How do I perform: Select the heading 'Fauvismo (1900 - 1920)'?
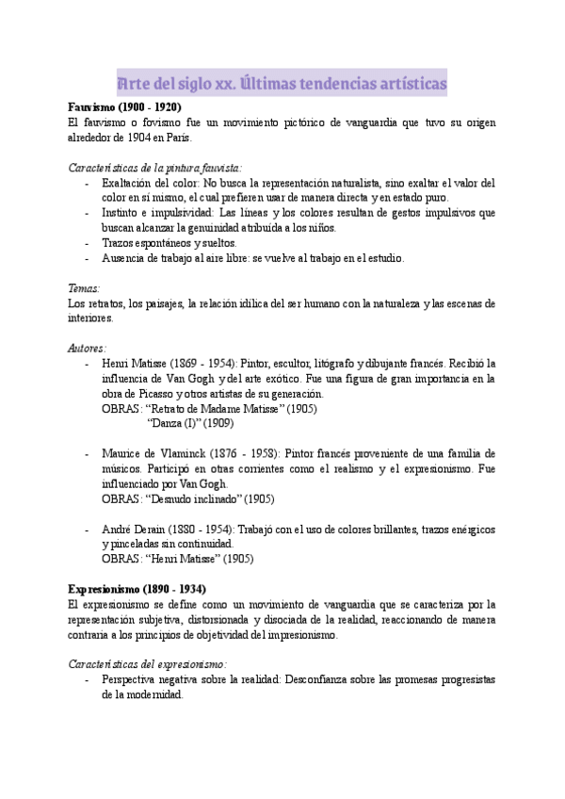pos(125,107)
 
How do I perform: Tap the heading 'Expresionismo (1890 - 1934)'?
pos(144,588)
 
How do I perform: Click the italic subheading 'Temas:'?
pos(85,288)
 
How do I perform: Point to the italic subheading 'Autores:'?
pos(88,348)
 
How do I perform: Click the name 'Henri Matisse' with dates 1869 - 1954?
pos(132,364)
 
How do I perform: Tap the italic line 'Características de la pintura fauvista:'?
pos(155,168)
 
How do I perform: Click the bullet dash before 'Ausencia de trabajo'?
pos(87,258)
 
